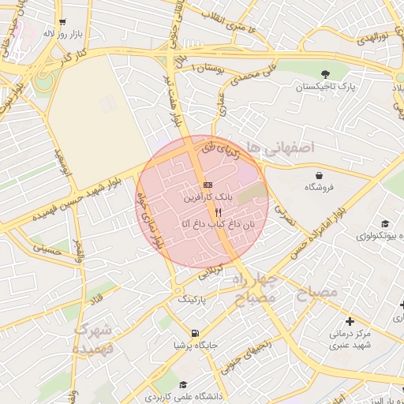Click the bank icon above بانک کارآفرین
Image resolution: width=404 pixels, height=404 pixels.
pos(208,185)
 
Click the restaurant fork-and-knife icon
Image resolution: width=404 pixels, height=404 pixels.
pos(219,212)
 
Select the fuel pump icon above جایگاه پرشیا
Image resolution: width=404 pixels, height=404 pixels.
pos(195,332)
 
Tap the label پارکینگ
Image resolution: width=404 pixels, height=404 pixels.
pos(195,301)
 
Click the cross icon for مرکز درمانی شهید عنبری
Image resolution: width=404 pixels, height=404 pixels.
pos(350,321)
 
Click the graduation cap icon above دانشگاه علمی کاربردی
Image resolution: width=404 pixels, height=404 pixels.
pos(184,384)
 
